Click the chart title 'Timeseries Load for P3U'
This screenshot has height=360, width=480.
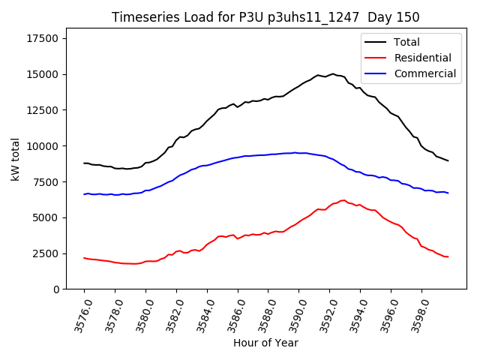click(x=265, y=17)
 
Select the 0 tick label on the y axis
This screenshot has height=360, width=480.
click(x=56, y=289)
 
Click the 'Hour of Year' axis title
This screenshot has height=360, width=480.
click(x=265, y=343)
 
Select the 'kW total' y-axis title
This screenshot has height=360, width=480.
click(x=15, y=159)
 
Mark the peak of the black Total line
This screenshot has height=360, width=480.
click(x=333, y=73)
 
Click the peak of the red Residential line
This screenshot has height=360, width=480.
click(x=343, y=200)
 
